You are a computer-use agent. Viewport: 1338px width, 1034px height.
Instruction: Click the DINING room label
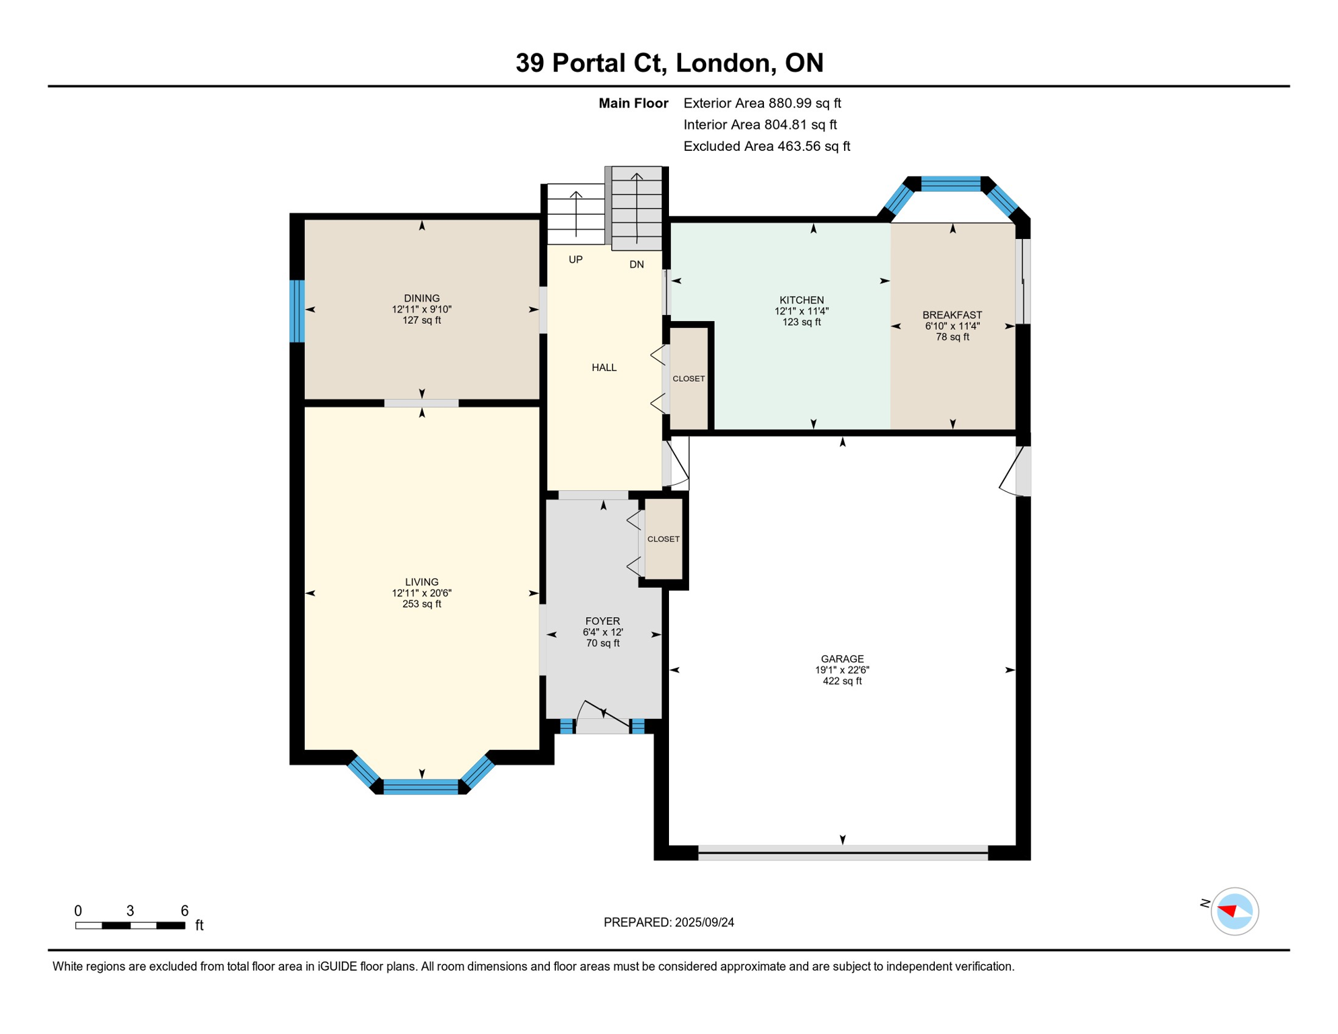point(421,298)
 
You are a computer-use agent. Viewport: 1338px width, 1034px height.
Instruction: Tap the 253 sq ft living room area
point(421,604)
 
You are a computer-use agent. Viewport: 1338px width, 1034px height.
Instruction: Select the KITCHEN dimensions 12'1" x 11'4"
point(801,311)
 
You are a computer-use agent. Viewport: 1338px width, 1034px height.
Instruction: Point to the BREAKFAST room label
point(952,314)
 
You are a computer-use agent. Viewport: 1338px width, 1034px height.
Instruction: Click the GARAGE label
point(841,658)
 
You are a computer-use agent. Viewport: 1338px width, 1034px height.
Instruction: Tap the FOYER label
point(602,621)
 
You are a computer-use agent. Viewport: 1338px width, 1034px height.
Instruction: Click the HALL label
point(604,367)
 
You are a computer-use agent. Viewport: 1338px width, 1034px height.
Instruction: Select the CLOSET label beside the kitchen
point(689,378)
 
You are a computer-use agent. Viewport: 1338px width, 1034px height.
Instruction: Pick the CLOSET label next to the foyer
point(663,539)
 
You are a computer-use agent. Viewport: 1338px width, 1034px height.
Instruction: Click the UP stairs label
point(575,259)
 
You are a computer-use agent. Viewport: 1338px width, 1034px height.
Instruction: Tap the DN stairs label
point(636,265)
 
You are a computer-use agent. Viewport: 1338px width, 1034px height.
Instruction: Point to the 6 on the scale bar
point(184,910)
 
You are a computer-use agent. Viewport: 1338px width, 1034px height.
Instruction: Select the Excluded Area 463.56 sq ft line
point(766,146)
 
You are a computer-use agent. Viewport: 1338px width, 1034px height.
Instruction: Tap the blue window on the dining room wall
point(297,310)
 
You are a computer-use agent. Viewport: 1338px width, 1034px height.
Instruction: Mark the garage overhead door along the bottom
point(842,852)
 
